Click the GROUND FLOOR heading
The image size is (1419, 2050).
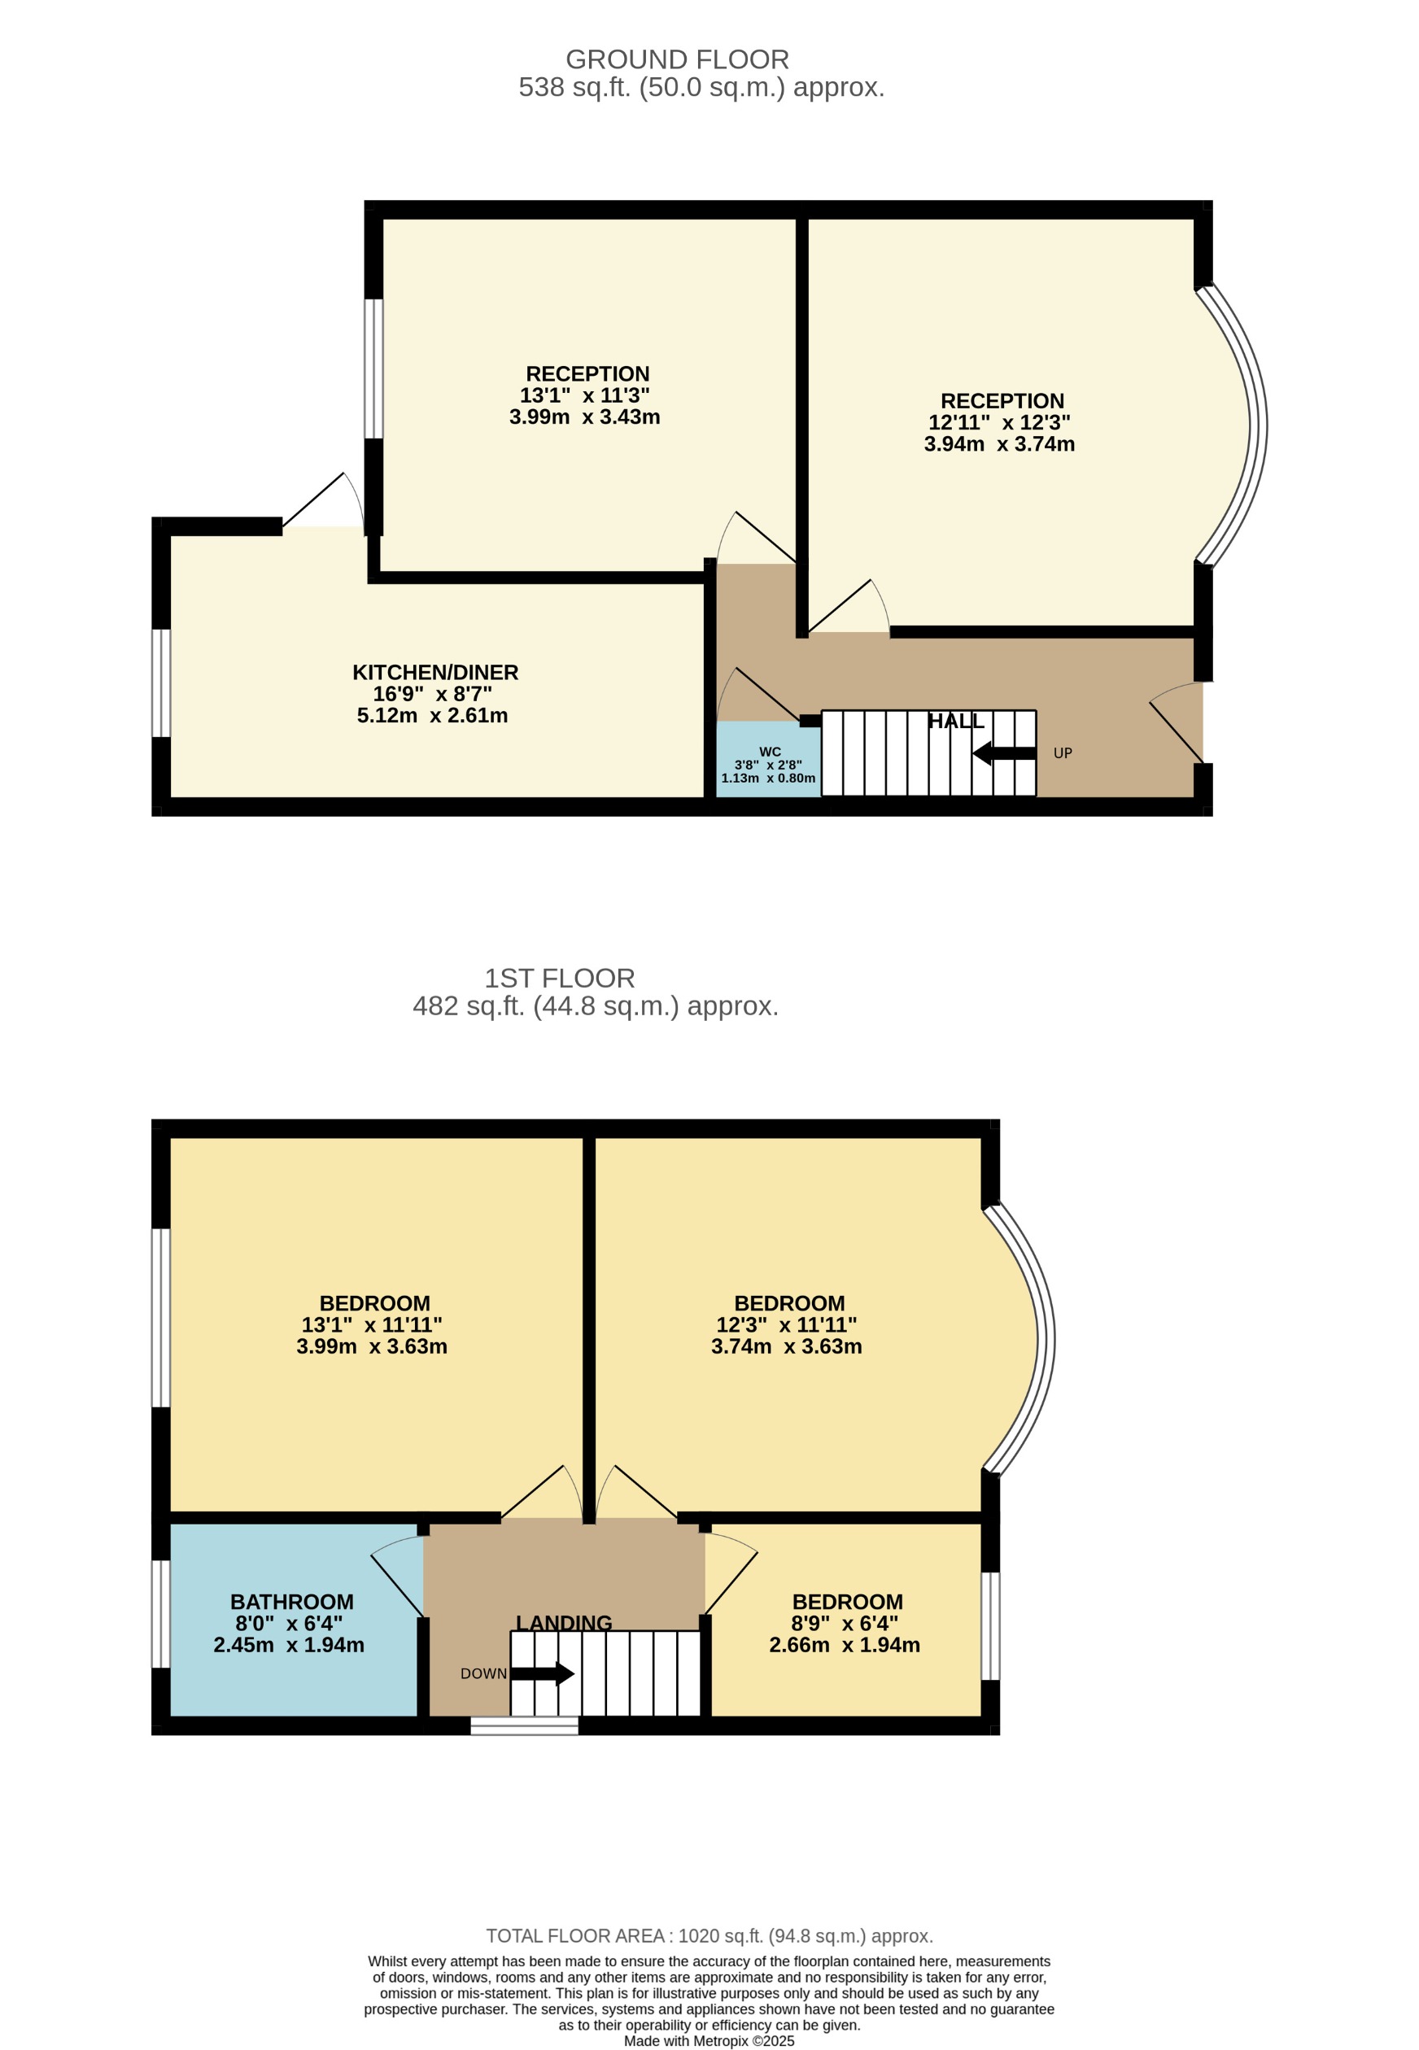(677, 59)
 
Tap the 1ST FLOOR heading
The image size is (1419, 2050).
(559, 978)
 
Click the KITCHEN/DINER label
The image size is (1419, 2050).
(434, 672)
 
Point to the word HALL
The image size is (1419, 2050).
(956, 721)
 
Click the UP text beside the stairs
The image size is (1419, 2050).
(1063, 753)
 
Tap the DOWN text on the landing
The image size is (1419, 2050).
(483, 1673)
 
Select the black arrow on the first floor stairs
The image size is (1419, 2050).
(544, 1674)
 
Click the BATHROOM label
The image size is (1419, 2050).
(291, 1601)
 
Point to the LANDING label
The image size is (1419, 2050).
(564, 1622)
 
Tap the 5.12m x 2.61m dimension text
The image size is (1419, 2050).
(432, 716)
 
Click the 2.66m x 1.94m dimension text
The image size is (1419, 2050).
(844, 1645)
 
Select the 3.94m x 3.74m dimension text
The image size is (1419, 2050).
(999, 443)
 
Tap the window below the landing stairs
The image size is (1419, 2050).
(524, 1725)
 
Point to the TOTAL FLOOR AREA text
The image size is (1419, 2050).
(709, 1935)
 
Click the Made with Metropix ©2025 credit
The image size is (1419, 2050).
(709, 2040)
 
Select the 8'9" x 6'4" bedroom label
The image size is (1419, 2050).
(846, 1601)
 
